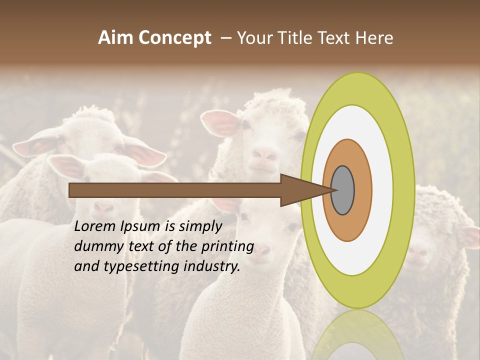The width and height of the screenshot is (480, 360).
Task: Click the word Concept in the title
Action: (175, 38)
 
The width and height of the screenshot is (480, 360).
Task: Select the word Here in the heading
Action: (374, 38)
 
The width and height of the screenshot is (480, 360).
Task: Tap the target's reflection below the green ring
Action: (357, 335)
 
